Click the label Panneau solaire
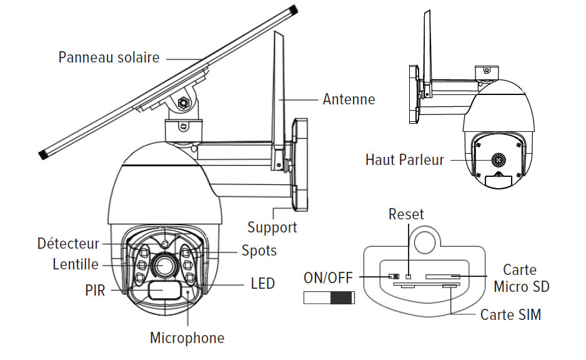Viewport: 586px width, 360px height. click(109, 57)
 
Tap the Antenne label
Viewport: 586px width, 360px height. click(349, 99)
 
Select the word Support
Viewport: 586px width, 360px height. click(272, 227)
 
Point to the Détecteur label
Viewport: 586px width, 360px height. click(68, 244)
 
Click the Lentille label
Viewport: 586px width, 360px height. click(76, 264)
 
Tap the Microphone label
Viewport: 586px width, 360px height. click(187, 338)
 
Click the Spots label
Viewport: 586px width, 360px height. click(259, 251)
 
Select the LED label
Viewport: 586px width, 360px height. click(262, 284)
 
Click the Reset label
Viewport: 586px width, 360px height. click(406, 214)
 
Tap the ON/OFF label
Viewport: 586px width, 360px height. click(329, 277)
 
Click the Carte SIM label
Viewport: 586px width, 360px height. click(510, 314)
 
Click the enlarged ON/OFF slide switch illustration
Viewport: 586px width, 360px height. click(329, 297)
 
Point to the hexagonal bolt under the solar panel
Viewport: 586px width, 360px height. click(184, 102)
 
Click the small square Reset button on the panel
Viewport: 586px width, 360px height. click(408, 276)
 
